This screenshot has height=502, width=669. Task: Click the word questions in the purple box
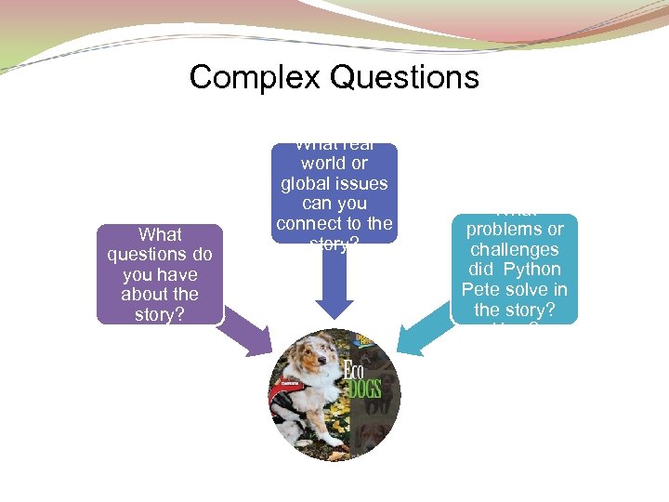tap(160, 254)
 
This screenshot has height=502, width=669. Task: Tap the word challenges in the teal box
tap(514, 249)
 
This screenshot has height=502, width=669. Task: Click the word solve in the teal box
tap(527, 290)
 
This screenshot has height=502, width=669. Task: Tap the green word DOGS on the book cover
tap(364, 387)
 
